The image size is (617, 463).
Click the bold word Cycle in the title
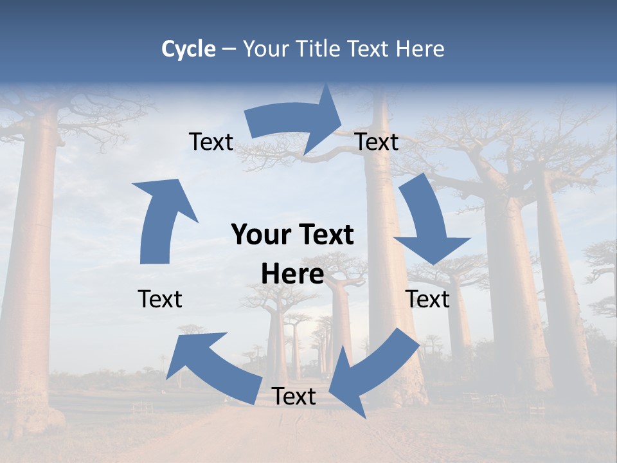point(188,49)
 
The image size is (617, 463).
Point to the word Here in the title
point(420,49)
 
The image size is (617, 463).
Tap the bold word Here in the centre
point(292,275)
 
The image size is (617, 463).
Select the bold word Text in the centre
point(325,235)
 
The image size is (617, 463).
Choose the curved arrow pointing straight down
point(429,222)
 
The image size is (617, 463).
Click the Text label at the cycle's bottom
point(294,396)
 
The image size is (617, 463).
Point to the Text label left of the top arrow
point(211,142)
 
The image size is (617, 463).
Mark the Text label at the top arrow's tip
point(377,142)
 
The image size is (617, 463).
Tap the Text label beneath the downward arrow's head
point(427,299)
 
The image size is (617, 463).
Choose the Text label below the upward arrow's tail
point(160,299)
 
